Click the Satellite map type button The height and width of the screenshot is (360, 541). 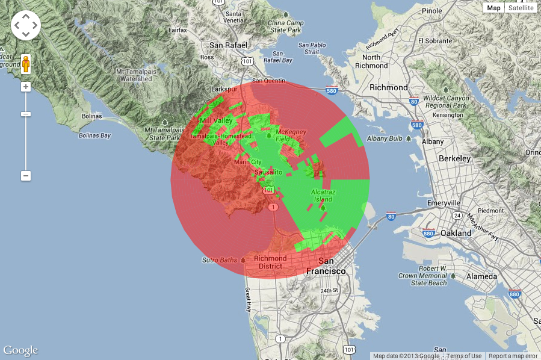tap(521, 8)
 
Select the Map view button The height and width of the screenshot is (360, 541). tap(494, 8)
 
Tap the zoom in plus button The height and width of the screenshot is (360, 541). tap(26, 87)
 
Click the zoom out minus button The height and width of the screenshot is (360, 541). tap(26, 176)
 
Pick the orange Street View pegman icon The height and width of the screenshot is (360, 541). tap(26, 63)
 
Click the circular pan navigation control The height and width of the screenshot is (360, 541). tap(26, 25)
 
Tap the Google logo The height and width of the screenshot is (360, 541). tap(20, 350)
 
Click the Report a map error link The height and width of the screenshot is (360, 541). tap(513, 356)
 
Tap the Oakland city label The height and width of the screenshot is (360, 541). tap(456, 233)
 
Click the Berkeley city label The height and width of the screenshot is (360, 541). tap(454, 158)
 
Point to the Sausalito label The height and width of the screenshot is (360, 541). tap(268, 172)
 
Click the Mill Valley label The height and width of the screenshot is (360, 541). tap(216, 121)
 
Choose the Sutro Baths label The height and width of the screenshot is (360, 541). tap(218, 260)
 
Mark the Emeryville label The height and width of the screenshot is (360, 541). tap(444, 203)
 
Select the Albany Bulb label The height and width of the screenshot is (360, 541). tap(385, 138)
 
